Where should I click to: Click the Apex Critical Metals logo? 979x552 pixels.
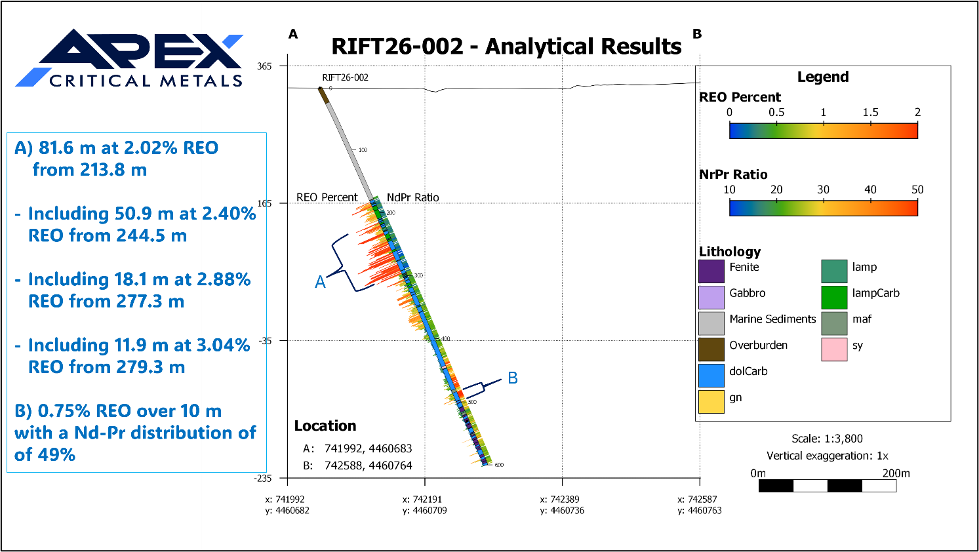tap(129, 59)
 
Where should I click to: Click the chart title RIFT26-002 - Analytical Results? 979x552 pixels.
tap(506, 47)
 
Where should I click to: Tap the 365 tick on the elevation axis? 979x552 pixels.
tap(264, 66)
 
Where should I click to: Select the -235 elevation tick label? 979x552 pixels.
tap(262, 478)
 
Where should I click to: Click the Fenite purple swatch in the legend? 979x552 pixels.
tap(711, 271)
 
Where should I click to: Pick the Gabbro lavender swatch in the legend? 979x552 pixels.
tap(711, 298)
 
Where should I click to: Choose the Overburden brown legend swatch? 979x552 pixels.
tap(711, 349)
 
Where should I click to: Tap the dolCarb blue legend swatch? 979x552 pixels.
tap(711, 376)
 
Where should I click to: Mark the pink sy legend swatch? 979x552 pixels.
tap(834, 349)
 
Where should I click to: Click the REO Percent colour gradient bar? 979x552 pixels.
tap(823, 131)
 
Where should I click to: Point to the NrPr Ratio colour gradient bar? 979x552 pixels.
tap(823, 208)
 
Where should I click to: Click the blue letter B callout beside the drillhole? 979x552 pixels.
tap(513, 378)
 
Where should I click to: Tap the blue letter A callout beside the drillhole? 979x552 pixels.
tap(320, 282)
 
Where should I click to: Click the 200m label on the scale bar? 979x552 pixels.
tap(896, 473)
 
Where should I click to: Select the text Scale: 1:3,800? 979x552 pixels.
tap(827, 439)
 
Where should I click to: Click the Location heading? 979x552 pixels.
tap(325, 426)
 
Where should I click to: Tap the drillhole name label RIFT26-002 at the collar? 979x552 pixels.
tap(345, 77)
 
